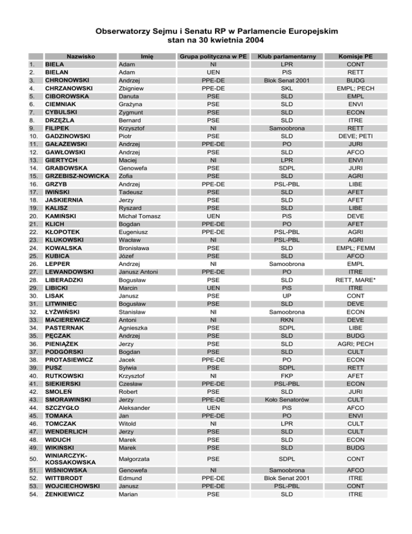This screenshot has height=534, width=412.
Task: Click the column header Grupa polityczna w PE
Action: pos(213,55)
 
